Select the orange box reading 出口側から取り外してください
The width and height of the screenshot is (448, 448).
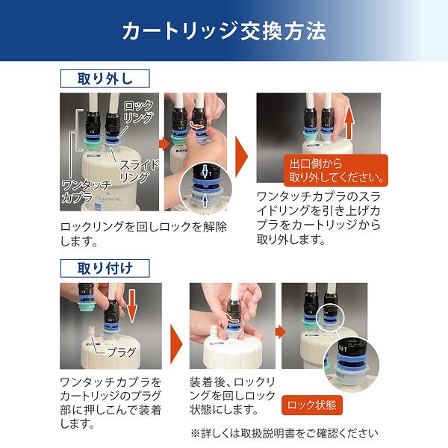click(335, 171)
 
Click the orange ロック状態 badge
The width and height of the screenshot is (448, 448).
click(313, 405)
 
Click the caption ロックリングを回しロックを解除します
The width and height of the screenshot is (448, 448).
click(142, 234)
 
